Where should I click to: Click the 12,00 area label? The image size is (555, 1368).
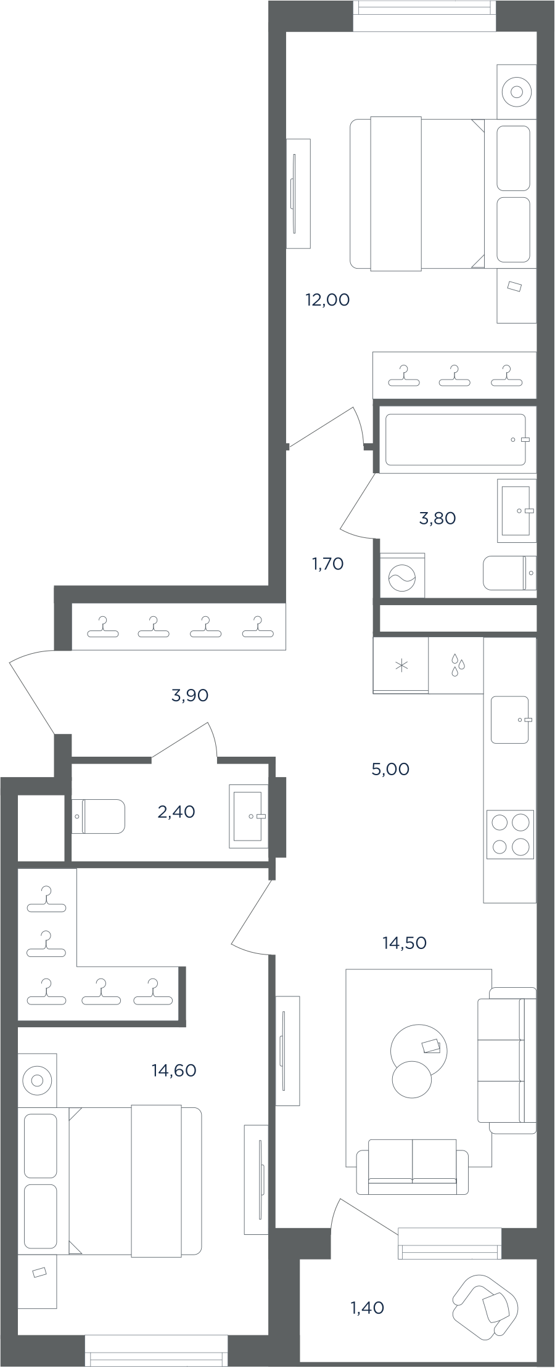[327, 300]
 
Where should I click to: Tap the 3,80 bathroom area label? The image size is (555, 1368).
[437, 518]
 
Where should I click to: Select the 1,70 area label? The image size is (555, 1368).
[327, 563]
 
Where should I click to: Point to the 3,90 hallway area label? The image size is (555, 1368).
[190, 695]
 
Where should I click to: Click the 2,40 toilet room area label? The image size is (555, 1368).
[176, 812]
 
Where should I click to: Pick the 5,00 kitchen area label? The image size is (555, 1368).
[390, 769]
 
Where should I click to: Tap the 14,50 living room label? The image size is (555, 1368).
[405, 943]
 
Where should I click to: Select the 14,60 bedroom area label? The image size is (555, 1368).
[174, 1070]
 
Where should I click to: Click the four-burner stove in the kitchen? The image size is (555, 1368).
[510, 834]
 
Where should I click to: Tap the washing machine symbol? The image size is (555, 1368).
[402, 576]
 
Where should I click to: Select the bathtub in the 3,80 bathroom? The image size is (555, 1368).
[456, 439]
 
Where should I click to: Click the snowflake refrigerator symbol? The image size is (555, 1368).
[401, 666]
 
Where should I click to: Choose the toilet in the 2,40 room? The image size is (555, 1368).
[98, 816]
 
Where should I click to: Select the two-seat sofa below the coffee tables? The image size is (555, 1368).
[413, 1166]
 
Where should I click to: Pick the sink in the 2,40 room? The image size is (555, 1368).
[249, 816]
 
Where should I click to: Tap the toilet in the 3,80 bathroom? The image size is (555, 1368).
[509, 572]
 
